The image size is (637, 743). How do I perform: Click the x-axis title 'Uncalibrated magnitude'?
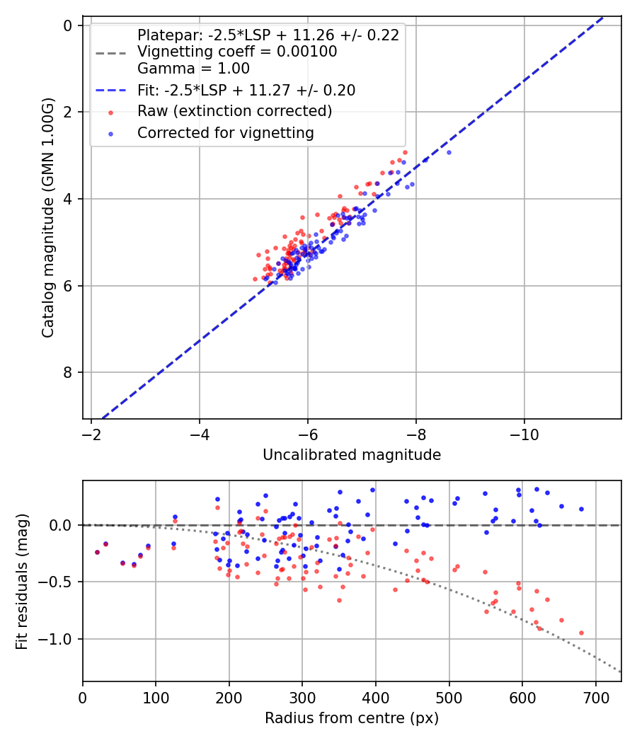352,455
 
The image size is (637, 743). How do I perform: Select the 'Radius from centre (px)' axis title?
352,718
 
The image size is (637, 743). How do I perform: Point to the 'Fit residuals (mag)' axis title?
22,581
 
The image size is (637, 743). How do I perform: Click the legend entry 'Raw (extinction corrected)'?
234,111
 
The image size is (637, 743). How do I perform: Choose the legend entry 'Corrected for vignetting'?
226,132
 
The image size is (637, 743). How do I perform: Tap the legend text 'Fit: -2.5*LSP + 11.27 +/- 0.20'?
246,90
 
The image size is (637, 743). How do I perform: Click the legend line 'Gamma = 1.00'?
193,69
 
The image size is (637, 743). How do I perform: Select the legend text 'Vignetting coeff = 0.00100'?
237,52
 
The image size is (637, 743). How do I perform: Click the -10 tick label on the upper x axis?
524,434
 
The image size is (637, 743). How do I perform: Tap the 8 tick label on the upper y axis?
69,373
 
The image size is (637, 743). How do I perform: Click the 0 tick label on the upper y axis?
69,25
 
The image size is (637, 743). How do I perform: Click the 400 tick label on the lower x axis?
376,696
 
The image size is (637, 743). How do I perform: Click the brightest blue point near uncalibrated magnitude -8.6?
448,152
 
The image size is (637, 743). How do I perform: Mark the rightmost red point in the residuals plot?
581,633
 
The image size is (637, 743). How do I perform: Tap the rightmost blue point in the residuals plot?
581,509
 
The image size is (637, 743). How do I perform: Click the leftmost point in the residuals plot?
97,552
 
